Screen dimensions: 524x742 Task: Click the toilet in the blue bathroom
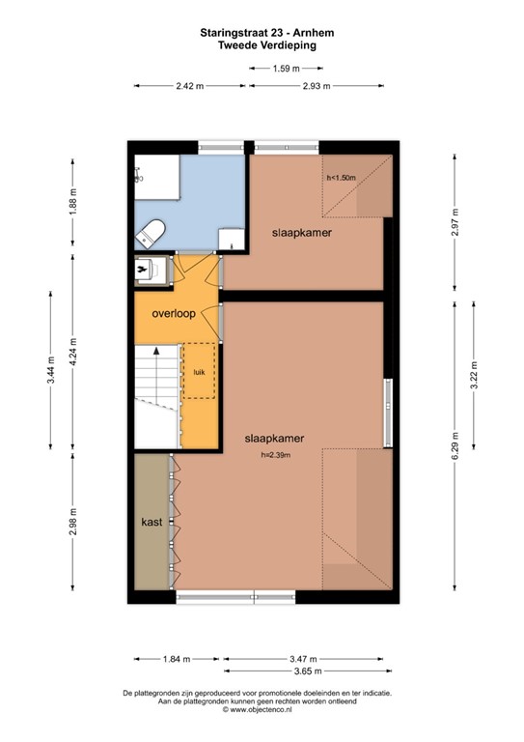(x=151, y=233)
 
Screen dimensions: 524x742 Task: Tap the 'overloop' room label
(x=174, y=313)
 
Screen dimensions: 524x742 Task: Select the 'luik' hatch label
(x=200, y=372)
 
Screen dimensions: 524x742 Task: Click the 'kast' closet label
(x=152, y=522)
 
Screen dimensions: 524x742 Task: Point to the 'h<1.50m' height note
(x=342, y=178)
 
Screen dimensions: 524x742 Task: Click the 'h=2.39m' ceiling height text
(x=275, y=455)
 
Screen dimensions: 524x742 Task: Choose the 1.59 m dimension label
(x=286, y=69)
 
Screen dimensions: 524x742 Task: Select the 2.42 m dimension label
(x=190, y=86)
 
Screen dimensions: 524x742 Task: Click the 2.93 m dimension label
(x=317, y=86)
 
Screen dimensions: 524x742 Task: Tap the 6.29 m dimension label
(x=455, y=445)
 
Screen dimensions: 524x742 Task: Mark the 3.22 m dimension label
(x=474, y=375)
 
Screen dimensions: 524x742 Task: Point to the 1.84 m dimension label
(x=177, y=659)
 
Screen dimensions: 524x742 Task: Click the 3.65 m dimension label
(x=308, y=671)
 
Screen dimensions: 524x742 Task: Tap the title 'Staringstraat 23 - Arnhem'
(x=267, y=33)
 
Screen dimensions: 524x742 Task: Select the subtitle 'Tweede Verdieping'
(x=267, y=45)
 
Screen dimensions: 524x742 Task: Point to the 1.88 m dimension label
(x=72, y=202)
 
